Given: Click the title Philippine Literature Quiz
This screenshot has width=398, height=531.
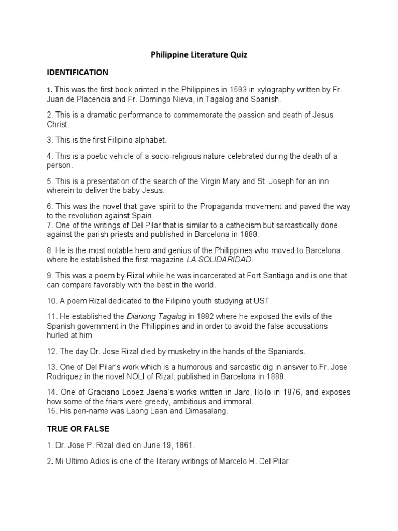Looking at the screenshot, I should [199, 54].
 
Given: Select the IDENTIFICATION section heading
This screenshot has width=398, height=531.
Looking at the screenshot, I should [77, 72].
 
